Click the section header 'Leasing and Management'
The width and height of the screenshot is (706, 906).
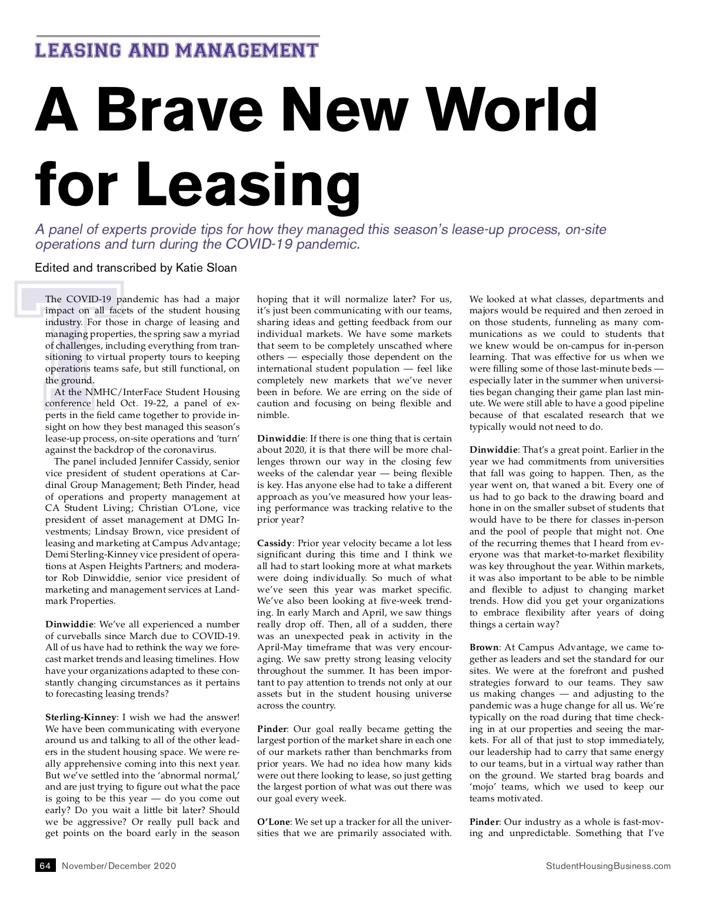point(176,50)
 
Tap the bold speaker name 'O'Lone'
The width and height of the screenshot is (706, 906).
point(273,821)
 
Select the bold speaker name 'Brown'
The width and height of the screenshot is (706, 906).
point(483,647)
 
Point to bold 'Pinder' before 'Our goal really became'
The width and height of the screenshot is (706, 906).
point(272,729)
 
